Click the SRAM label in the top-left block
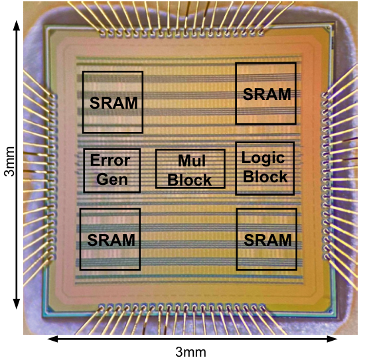coord(113,103)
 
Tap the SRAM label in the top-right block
coord(267,94)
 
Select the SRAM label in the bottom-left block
coord(111,240)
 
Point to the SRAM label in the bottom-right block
coord(268,240)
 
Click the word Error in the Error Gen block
coord(110,160)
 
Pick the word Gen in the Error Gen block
coord(112,180)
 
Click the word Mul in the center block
coord(192,160)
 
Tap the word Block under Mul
coord(189,180)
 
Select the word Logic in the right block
coord(263,158)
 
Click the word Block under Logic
coord(265,176)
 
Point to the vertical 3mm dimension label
coord(9,161)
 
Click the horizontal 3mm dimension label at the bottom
coord(190,352)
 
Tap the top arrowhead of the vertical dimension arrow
coord(16,25)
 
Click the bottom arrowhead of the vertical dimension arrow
coord(16,304)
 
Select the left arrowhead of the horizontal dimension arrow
coord(52,339)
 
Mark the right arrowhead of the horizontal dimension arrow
coord(332,339)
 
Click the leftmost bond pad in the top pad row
coord(103,33)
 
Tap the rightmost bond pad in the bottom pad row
coord(262,307)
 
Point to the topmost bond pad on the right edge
coord(325,95)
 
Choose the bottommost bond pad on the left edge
coord(52,257)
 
